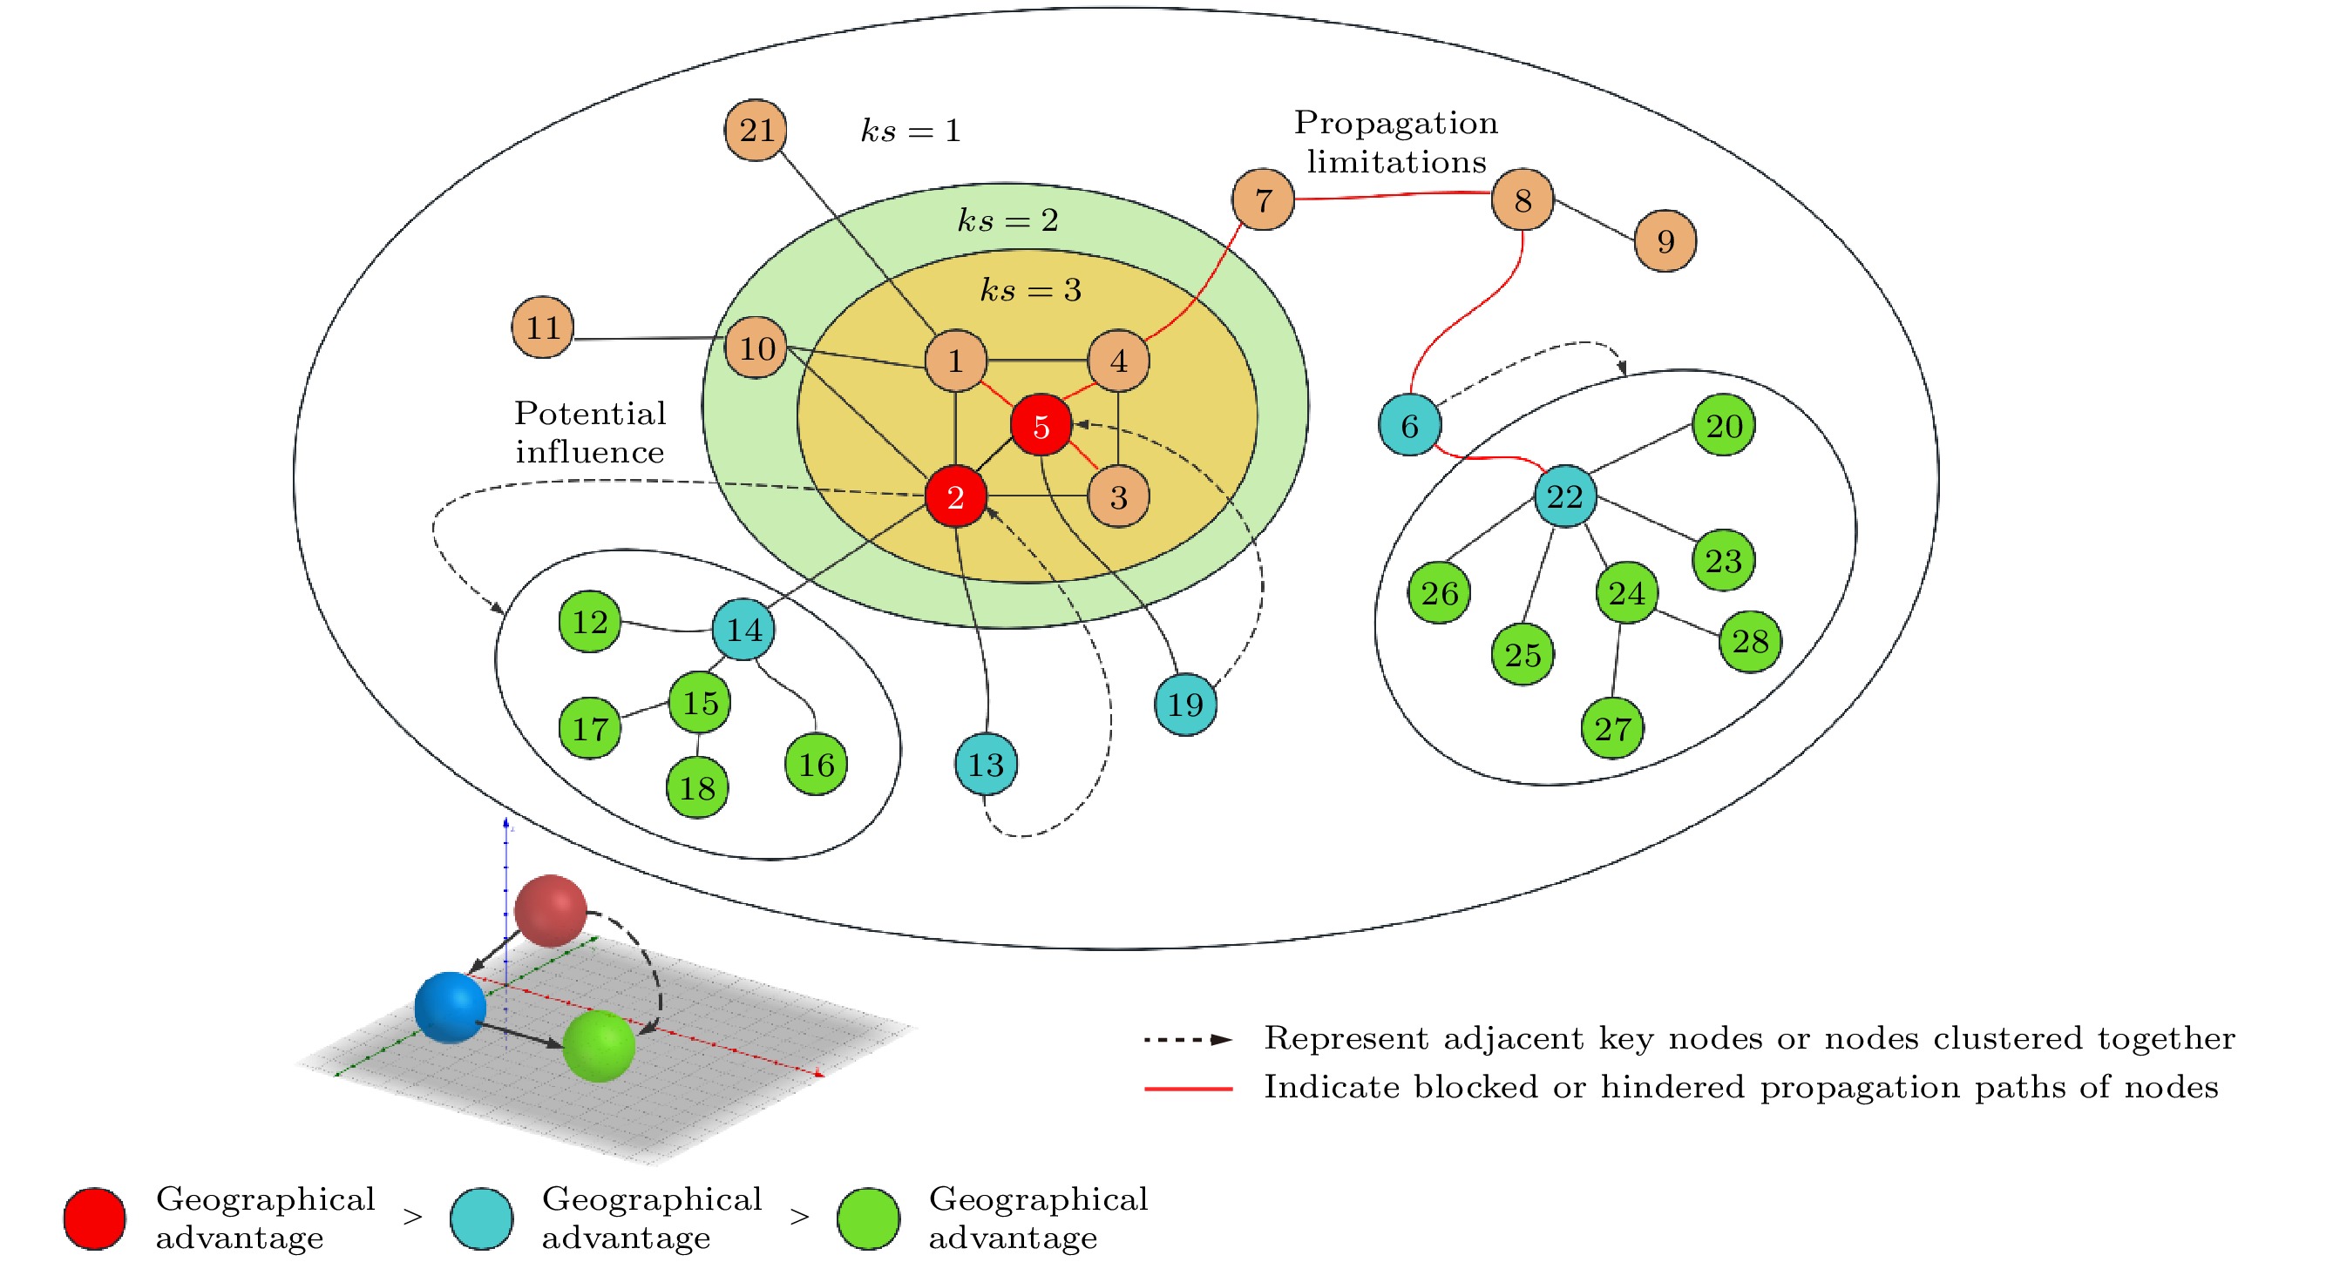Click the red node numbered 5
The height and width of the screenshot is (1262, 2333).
click(1041, 425)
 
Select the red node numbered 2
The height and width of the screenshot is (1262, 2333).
click(954, 496)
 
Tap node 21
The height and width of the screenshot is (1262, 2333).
click(756, 131)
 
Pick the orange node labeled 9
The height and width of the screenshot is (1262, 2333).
click(1665, 240)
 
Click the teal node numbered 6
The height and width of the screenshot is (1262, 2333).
click(1409, 425)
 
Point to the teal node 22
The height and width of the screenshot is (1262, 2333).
click(1564, 496)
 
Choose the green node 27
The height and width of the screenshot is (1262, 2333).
click(1612, 728)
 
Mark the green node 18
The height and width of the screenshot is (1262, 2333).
click(696, 787)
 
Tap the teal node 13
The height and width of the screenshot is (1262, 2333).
click(986, 764)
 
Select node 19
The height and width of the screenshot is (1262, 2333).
click(1184, 705)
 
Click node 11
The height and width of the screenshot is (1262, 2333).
click(542, 327)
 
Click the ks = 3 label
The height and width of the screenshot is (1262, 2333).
click(1031, 290)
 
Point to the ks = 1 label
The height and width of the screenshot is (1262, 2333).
click(910, 131)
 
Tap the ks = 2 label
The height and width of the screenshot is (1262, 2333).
click(1007, 220)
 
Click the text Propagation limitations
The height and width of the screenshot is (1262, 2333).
click(1395, 142)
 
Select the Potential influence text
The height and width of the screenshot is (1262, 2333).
click(590, 432)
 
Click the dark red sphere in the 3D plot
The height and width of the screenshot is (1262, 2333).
click(550, 910)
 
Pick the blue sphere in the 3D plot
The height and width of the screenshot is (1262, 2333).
click(450, 1007)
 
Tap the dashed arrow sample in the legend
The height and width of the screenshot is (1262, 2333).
click(1187, 1039)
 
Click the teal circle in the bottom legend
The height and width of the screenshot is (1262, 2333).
click(481, 1218)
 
